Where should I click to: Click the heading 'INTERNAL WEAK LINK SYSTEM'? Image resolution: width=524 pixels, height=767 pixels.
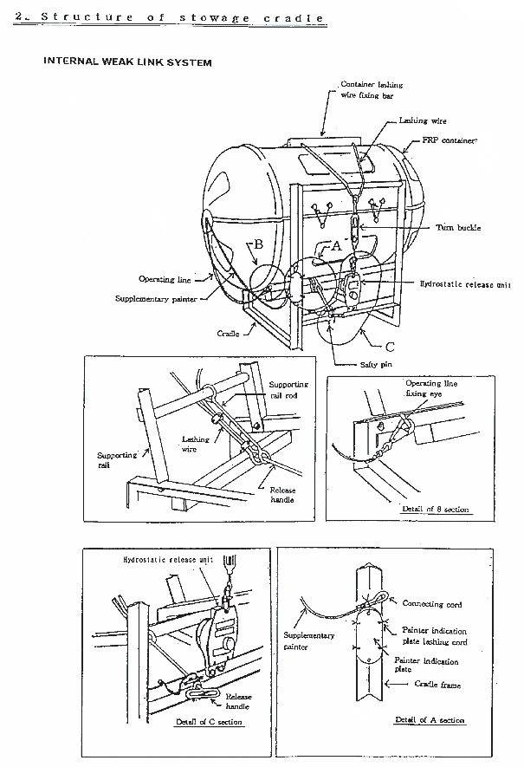point(127,62)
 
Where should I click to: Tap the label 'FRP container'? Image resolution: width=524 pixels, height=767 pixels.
point(450,140)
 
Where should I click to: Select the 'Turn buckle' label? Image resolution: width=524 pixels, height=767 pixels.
point(458,227)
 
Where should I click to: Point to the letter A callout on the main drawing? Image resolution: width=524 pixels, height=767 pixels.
point(336,246)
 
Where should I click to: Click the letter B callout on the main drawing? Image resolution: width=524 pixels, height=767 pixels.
point(259,244)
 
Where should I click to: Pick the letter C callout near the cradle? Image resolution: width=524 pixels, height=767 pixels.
point(390,347)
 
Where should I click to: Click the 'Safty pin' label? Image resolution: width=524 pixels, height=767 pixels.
point(376,364)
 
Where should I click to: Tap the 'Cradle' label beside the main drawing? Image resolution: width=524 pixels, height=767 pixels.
point(229,334)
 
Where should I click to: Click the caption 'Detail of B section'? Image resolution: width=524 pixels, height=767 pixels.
point(435,510)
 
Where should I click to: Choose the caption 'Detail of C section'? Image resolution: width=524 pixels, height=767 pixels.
point(210,722)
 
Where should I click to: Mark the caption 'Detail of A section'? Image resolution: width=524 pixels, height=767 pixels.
point(430,720)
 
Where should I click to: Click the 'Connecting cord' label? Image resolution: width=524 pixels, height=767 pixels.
point(432,604)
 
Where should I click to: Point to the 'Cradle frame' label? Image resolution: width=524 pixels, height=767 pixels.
point(437,685)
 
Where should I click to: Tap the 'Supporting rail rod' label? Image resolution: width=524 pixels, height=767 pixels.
point(288,390)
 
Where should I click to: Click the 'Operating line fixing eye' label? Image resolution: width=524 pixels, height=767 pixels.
point(431,388)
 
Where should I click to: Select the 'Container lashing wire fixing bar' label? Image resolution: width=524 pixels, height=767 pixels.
point(372,90)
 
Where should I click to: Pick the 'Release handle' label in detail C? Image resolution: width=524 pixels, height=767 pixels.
point(238,701)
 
